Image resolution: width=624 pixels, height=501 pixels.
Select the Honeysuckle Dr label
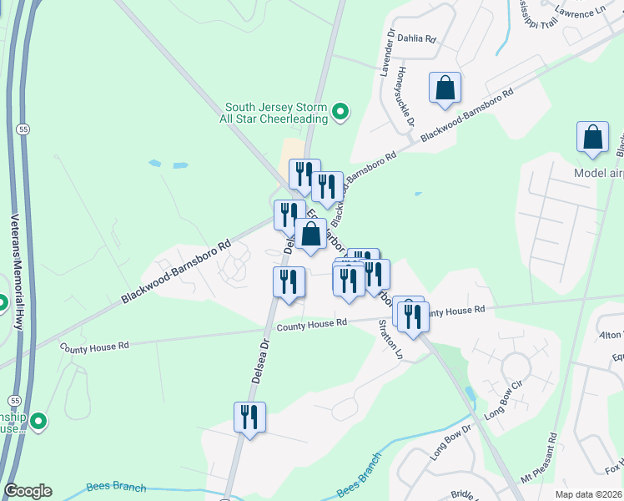pos(405,97)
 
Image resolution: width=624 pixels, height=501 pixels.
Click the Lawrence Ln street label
pos(581,14)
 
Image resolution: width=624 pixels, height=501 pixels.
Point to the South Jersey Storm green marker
pos(340,111)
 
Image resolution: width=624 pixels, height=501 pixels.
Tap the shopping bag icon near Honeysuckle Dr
pos(445,88)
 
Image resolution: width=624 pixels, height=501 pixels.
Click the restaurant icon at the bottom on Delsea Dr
pos(249,416)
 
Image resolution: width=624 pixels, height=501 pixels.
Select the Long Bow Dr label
pos(451,442)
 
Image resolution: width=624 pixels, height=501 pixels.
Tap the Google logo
pos(28,491)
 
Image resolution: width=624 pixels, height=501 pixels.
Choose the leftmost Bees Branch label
pos(116,488)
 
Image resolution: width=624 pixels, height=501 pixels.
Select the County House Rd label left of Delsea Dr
pos(94,344)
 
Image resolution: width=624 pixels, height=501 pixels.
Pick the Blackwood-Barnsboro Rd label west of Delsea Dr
pos(175,272)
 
